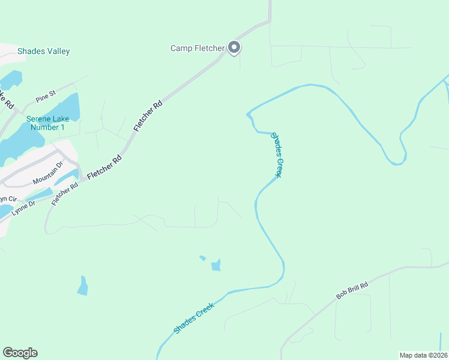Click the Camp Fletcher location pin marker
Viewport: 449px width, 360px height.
(235, 47)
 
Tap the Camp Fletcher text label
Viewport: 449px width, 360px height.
(197, 48)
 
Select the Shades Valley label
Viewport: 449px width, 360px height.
(44, 52)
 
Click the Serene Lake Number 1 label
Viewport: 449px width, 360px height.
(46, 123)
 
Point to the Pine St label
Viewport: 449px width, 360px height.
(46, 95)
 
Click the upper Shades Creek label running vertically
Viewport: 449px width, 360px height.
(276, 155)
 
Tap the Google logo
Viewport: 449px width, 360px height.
(20, 353)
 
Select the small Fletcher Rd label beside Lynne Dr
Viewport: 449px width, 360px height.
(65, 194)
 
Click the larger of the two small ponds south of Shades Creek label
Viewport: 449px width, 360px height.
(216, 265)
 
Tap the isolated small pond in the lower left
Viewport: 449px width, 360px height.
(83, 286)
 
